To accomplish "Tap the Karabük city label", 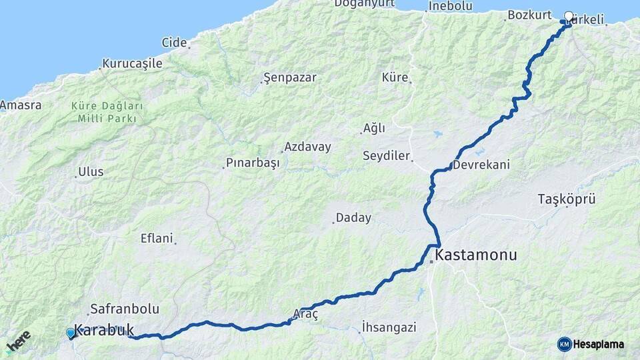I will coord(103,329).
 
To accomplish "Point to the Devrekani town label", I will coord(481,165).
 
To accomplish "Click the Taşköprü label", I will coord(566,199).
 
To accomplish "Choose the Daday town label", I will coord(353,217).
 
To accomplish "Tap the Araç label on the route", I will coord(306,313).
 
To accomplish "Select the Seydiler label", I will coord(386,156).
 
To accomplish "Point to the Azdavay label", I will coord(307,147).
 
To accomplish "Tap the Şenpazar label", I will coord(290,77).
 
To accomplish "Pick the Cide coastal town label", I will coord(174,43).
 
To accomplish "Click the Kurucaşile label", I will coord(132,64).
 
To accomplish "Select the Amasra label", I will coord(21,105).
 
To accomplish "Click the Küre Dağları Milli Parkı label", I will coord(107,112).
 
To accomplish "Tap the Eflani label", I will coord(157,238).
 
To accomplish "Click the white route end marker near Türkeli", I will coord(569,16).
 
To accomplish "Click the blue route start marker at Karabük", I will coord(71,333).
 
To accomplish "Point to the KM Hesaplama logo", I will coord(591,344).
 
